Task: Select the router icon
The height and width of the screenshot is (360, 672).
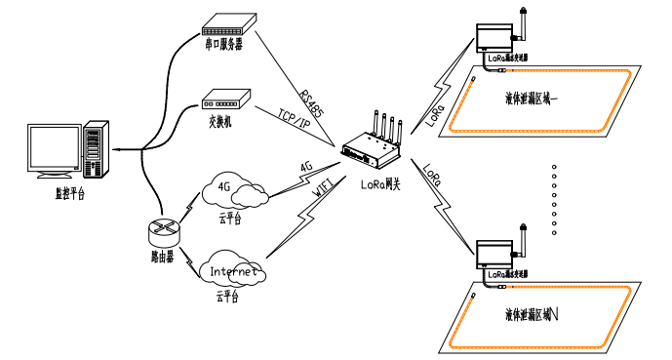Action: point(162,231)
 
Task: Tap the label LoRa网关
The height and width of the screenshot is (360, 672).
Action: point(383,182)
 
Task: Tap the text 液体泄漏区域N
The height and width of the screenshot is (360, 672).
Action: point(539,314)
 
